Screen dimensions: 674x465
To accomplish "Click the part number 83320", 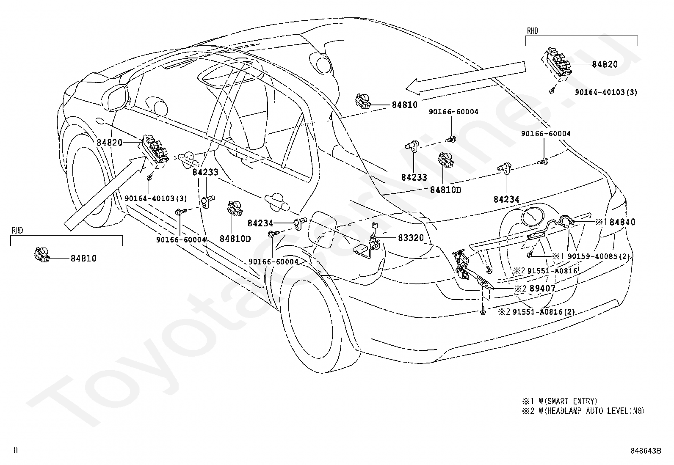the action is [x=411, y=238].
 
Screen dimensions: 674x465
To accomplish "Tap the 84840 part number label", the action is [x=622, y=222].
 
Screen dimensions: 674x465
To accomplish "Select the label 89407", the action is [x=542, y=289].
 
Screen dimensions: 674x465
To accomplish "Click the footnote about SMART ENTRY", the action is [x=560, y=401].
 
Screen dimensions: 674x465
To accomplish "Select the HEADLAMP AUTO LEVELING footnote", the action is [x=583, y=410].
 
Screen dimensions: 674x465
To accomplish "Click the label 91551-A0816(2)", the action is [x=544, y=312].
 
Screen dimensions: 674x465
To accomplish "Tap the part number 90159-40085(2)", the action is [x=599, y=256].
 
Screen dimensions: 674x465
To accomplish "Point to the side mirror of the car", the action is [x=116, y=96].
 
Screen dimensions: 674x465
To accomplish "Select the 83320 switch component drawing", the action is [x=369, y=241].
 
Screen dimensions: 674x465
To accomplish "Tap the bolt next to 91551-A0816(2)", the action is [x=483, y=311].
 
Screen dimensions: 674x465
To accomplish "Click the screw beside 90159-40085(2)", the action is [x=529, y=255].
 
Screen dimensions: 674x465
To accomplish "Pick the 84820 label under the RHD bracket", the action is [x=605, y=64].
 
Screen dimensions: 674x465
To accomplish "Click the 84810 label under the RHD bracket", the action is [x=84, y=259].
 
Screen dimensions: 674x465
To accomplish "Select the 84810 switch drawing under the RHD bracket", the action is [x=42, y=254].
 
